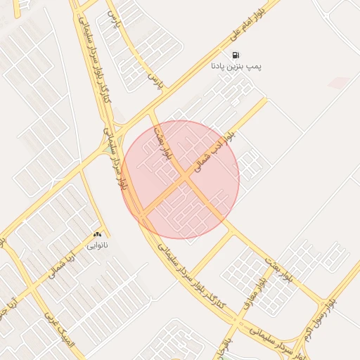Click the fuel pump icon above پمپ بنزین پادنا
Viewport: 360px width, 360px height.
235,55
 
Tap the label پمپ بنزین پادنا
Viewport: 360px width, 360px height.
236,67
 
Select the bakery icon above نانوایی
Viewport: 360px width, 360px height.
97,235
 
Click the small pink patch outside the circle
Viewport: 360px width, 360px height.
338,83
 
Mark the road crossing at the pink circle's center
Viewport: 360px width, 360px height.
184,179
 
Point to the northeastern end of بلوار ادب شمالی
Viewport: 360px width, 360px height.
266,99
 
